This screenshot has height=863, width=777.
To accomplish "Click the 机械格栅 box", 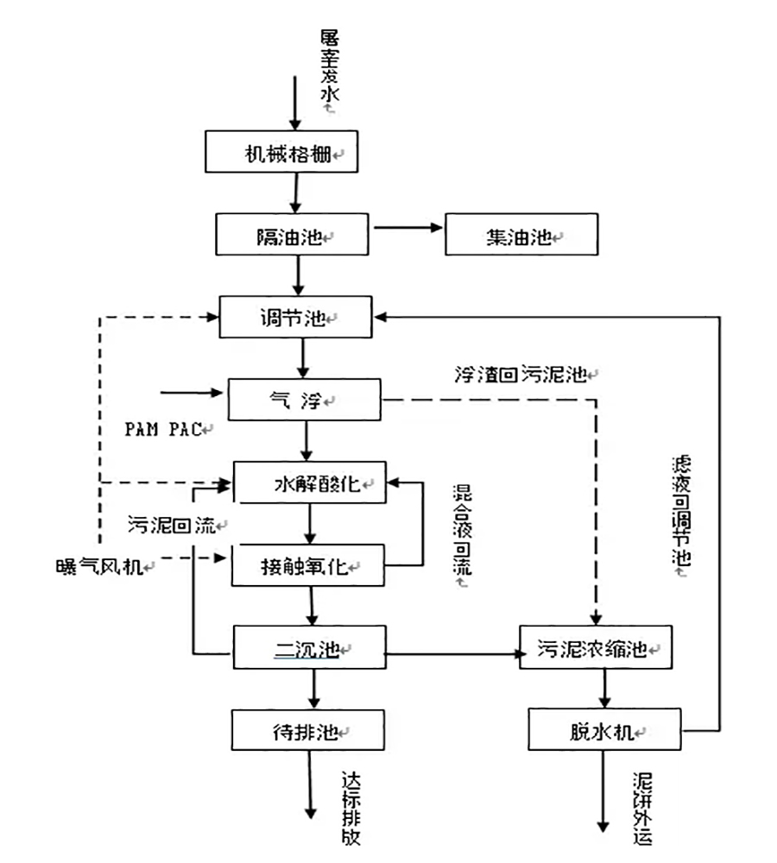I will [280, 152].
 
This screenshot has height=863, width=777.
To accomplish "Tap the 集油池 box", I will [521, 235].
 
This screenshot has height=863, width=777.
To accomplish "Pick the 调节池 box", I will [296, 317].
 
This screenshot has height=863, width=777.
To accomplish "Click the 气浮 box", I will [304, 399].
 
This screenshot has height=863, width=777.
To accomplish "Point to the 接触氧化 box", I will [307, 565].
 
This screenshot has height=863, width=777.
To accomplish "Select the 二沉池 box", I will [309, 648].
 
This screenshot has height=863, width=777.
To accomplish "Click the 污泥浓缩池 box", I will [594, 648].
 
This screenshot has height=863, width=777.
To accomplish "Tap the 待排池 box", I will [307, 730].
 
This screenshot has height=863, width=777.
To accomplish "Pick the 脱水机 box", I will [603, 730].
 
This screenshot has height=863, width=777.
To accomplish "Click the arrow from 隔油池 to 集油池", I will [408, 229].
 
